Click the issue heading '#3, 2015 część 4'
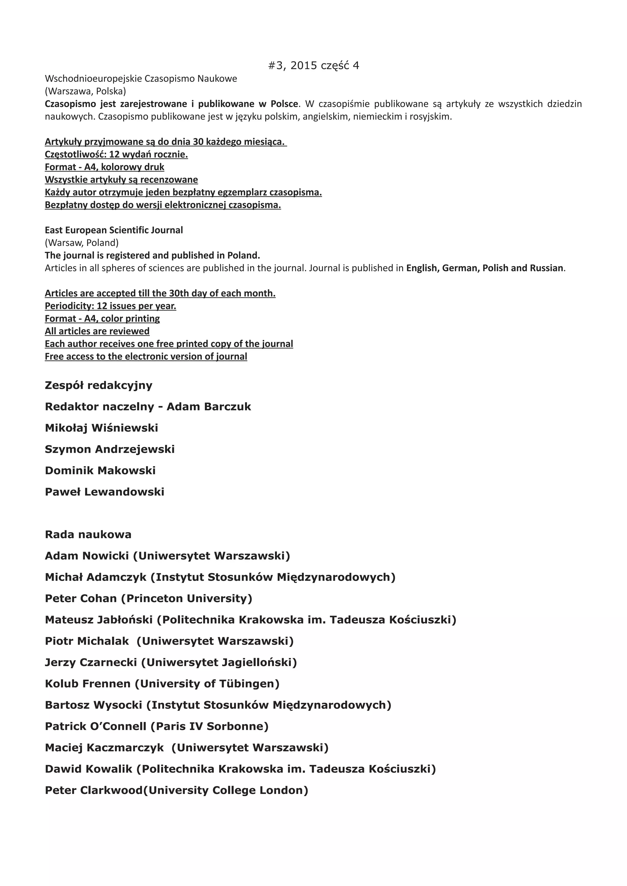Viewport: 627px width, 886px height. [x=313, y=65]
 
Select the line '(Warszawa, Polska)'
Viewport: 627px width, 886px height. [x=85, y=91]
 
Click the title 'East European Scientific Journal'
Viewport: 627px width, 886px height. [x=114, y=230]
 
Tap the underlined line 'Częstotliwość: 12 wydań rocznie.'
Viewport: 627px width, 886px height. [x=116, y=154]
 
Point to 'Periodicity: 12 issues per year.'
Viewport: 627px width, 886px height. [x=111, y=306]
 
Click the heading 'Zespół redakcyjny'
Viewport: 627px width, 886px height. [x=99, y=385]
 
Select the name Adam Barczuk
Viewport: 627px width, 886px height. [x=209, y=406]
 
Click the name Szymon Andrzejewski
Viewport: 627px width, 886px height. [x=110, y=449]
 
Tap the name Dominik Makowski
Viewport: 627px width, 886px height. [x=100, y=471]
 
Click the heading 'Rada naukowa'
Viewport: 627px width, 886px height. [x=88, y=534]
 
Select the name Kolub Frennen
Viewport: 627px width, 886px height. [x=88, y=684]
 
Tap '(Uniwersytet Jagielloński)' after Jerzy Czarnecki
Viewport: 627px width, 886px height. [x=219, y=663]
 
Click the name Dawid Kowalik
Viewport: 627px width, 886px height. [x=88, y=769]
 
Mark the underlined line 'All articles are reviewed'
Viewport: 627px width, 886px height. [x=97, y=331]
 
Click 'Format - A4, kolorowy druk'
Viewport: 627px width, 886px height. [x=104, y=167]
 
